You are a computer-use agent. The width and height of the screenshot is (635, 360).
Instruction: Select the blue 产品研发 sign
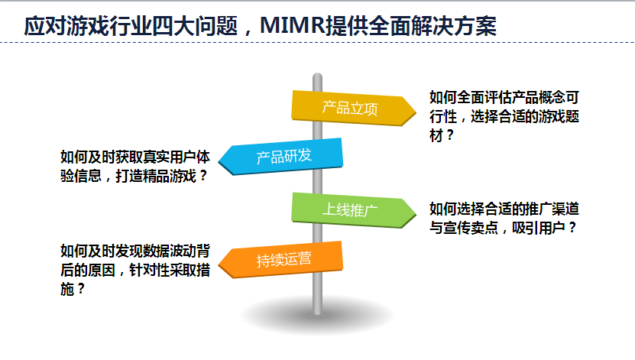click(280, 157)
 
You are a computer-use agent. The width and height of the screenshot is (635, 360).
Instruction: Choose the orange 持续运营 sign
click(280, 260)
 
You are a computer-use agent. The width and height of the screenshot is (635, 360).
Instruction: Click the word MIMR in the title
click(293, 25)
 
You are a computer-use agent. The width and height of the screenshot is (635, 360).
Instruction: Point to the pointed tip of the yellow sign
click(416, 112)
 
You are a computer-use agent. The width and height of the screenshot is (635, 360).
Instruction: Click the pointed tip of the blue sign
click(219, 161)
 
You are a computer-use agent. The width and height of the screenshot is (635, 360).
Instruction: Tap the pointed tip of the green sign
click(416, 214)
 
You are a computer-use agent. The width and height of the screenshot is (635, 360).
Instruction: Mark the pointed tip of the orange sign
click(219, 264)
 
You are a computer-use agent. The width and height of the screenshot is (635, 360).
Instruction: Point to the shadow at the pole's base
click(318, 315)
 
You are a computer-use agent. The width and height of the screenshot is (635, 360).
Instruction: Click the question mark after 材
click(449, 135)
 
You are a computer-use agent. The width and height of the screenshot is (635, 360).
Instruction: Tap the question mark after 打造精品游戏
click(203, 176)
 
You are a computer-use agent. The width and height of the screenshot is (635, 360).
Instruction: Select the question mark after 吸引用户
click(572, 228)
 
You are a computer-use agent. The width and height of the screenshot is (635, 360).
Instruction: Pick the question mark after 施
click(80, 289)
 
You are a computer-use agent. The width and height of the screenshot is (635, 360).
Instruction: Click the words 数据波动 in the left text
click(170, 251)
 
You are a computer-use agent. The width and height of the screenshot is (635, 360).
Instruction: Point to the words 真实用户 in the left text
click(170, 157)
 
